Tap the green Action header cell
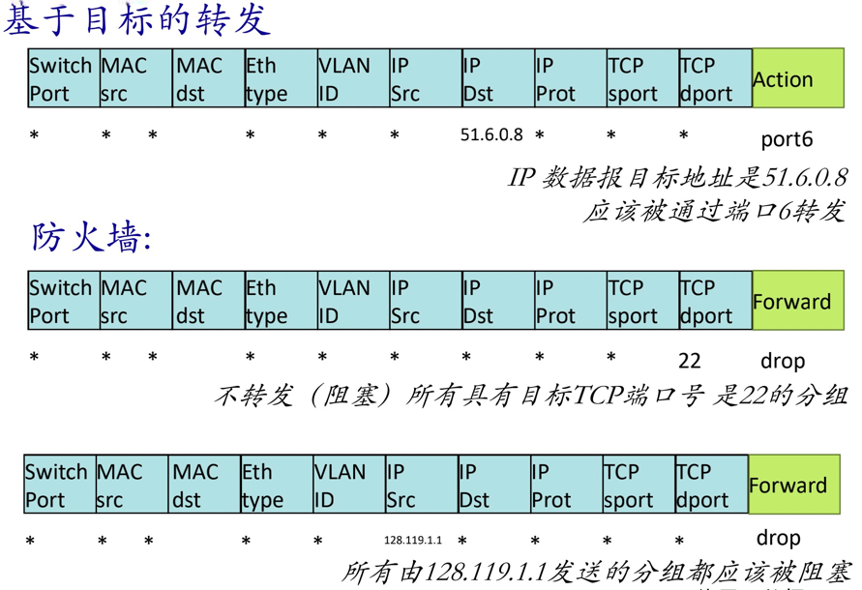point(797,79)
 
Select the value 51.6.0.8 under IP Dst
point(491,135)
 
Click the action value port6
point(787,139)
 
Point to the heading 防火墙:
point(92,237)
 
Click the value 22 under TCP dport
point(689,361)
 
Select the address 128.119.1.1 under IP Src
point(413,540)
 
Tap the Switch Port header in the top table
point(62,79)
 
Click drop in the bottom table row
point(778,538)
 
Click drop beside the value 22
point(782,361)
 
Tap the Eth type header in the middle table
point(279,302)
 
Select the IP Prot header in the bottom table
point(564,486)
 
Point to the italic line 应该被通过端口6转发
point(714,211)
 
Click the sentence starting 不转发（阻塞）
point(530,395)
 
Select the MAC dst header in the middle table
point(207,302)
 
